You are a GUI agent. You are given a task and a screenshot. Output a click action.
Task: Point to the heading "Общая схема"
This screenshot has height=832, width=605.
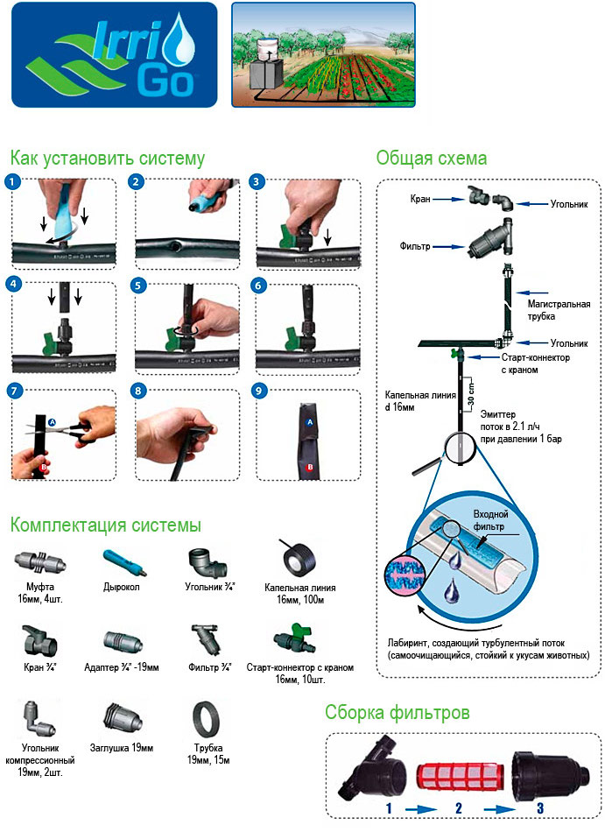coord(431,159)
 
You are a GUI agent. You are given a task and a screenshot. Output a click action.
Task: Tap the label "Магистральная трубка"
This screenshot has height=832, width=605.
coord(559,310)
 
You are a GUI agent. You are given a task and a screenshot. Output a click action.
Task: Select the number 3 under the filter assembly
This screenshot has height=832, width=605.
coord(539,807)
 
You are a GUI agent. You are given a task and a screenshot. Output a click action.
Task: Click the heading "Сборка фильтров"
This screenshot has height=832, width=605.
coord(397,712)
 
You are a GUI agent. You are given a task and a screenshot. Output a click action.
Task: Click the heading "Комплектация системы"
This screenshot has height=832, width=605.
coord(106,525)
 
